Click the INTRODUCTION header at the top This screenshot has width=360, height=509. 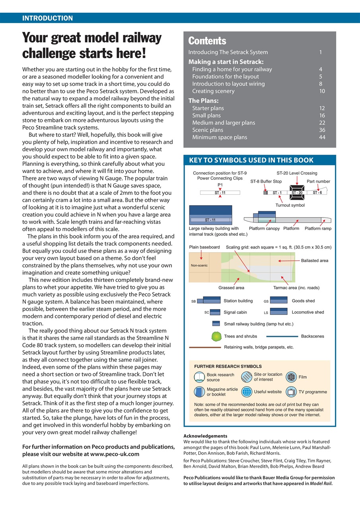click(x=47, y=18)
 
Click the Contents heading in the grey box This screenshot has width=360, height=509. click(x=207, y=41)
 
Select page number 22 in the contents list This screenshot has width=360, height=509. click(x=322, y=123)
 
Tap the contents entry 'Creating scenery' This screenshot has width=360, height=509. click(x=213, y=91)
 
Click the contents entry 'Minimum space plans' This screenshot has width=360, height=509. click(x=219, y=137)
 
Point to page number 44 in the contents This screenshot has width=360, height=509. click(x=322, y=137)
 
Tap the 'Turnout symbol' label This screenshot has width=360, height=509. click(x=290, y=205)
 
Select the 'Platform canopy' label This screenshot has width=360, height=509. click(x=264, y=229)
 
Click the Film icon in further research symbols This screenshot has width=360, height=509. click(x=292, y=377)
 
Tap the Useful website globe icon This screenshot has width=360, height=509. click(x=247, y=392)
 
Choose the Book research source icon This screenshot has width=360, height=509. click(x=199, y=377)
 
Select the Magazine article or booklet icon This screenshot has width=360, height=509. click(x=199, y=392)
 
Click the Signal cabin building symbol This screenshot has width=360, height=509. click(x=215, y=312)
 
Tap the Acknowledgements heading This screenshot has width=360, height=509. click(x=205, y=436)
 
